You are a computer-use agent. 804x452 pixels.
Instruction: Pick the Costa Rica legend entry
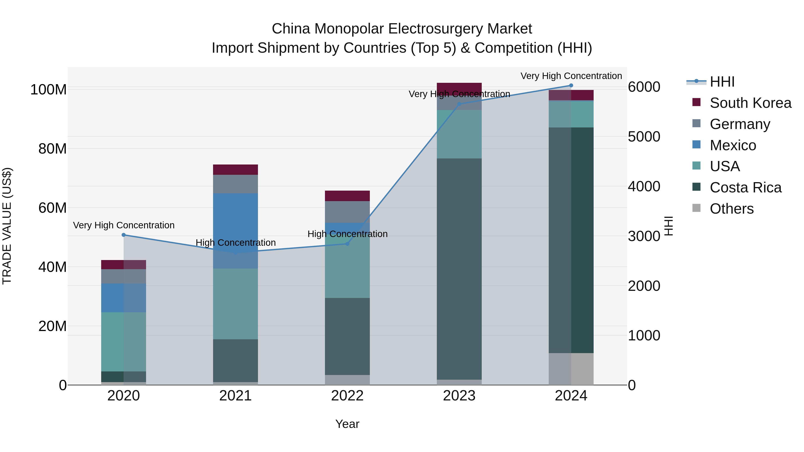(x=745, y=187)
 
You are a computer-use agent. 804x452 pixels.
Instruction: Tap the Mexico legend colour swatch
(x=696, y=145)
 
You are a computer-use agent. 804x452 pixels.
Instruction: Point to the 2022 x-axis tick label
(x=347, y=396)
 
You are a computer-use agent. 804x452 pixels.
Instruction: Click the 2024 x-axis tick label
(x=571, y=396)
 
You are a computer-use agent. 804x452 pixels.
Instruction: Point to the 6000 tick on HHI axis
(x=644, y=87)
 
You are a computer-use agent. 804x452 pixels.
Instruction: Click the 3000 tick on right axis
(x=644, y=236)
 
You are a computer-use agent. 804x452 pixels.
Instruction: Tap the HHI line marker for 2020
(x=124, y=235)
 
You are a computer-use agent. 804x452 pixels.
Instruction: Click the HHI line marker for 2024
(x=571, y=85)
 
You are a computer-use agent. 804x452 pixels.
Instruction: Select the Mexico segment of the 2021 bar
(x=235, y=231)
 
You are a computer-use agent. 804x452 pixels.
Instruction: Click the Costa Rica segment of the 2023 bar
(x=459, y=268)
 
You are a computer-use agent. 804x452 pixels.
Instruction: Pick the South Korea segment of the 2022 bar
(x=347, y=196)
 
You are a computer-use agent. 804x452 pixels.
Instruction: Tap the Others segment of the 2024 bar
(x=571, y=369)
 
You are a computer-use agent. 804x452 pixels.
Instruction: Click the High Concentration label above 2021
(x=236, y=243)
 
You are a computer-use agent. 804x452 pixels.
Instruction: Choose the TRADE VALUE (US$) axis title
(x=7, y=226)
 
